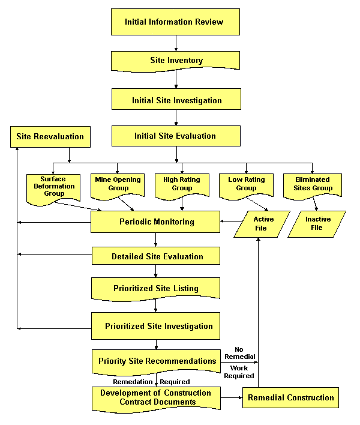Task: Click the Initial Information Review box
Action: (x=175, y=22)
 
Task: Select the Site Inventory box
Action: (x=175, y=61)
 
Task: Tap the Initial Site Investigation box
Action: (x=176, y=100)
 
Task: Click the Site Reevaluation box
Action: (x=50, y=136)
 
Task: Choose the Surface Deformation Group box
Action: (x=53, y=187)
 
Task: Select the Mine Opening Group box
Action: (x=118, y=184)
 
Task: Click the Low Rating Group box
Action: (x=246, y=184)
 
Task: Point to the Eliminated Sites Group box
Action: (x=313, y=184)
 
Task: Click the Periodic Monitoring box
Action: (x=156, y=222)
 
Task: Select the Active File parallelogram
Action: (x=262, y=223)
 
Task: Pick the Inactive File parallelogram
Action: (x=317, y=223)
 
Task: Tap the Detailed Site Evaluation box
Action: (x=156, y=256)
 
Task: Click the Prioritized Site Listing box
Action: (x=156, y=289)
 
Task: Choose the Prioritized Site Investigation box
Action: (x=156, y=326)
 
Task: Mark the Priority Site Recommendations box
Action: (x=156, y=361)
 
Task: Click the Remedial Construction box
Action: (x=290, y=397)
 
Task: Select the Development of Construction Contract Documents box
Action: (x=156, y=398)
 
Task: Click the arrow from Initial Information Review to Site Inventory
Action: (x=176, y=43)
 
